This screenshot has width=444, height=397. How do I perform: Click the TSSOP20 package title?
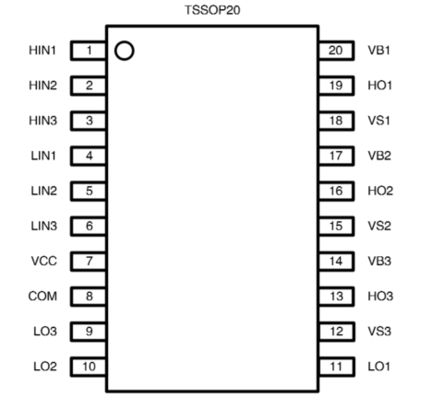point(212,10)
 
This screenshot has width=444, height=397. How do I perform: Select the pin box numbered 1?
point(89,51)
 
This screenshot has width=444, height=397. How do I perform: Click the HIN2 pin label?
point(42,86)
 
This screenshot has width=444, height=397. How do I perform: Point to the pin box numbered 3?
point(89,121)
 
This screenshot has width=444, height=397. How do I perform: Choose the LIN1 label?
point(43,156)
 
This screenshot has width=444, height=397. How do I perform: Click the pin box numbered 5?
point(89,191)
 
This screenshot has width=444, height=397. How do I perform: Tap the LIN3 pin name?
point(44,226)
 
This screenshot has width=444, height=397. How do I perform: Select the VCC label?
point(44,261)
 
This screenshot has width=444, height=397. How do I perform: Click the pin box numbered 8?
point(89,297)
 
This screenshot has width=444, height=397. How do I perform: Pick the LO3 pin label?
point(45,332)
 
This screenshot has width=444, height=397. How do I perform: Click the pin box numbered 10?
point(89,367)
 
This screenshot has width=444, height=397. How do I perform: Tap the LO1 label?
point(378,367)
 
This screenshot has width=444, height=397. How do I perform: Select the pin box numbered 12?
point(337,332)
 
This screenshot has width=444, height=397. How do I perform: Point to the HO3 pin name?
point(380,297)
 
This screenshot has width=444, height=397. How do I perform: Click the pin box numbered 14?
point(337,262)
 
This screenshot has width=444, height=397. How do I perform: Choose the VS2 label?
point(379,226)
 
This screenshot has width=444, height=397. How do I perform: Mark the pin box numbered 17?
point(337,156)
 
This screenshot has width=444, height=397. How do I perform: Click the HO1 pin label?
point(380,86)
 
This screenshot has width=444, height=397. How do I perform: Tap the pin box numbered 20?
point(337,51)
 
